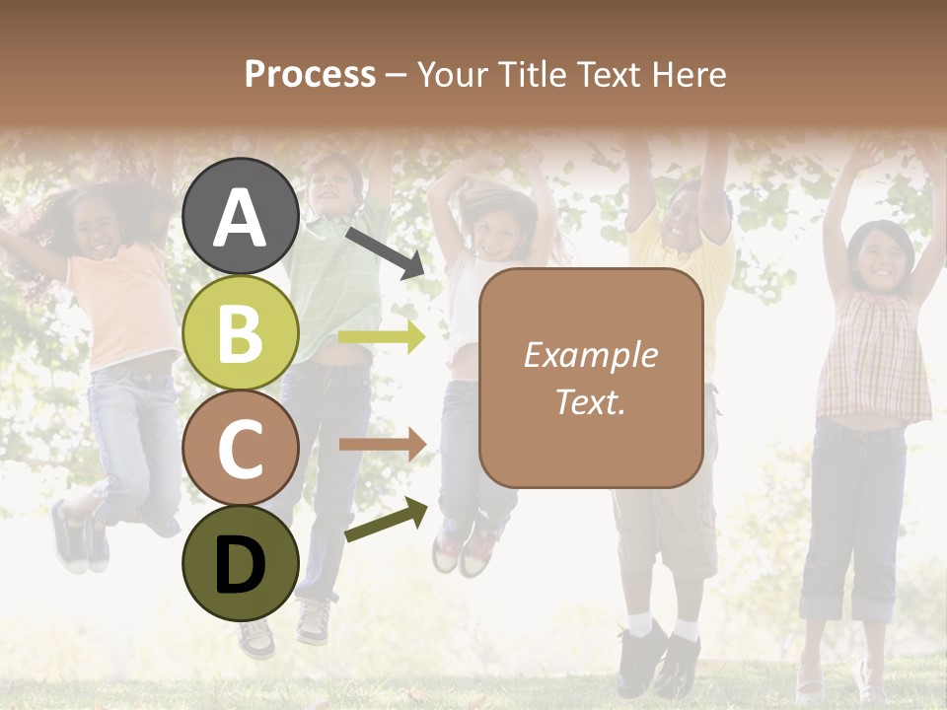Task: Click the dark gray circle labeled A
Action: pos(241,218)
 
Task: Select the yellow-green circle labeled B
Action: pos(241,332)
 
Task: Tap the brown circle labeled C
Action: pos(241,448)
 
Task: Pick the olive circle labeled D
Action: pos(241,563)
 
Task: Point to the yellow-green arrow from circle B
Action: pos(382,337)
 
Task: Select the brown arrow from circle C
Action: pos(382,446)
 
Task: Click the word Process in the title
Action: pos(310,74)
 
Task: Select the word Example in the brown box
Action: pos(590,355)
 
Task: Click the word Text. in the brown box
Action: pos(590,401)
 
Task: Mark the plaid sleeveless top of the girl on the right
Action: pos(874,355)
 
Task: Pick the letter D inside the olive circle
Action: pos(241,565)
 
